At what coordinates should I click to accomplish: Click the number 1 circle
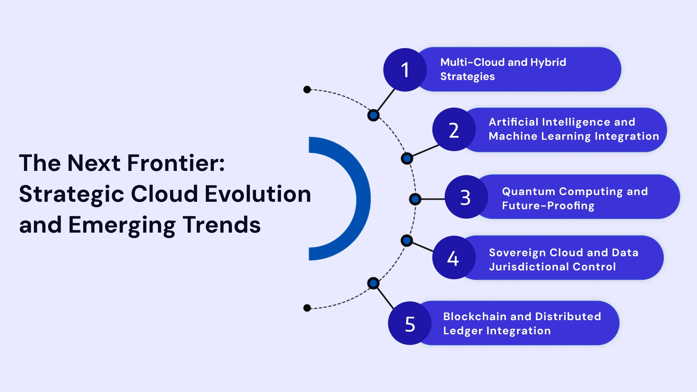point(405,70)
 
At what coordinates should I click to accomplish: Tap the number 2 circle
point(454,130)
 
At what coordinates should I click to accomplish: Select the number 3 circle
point(466,197)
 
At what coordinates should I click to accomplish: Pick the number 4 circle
point(454,258)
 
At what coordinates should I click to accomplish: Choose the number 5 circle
point(410,323)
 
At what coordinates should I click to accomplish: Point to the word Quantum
point(529,191)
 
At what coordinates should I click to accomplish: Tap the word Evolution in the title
point(258,194)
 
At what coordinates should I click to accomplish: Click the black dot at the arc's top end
point(307,89)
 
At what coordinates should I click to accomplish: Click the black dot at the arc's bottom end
point(307,308)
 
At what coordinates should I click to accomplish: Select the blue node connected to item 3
point(415,199)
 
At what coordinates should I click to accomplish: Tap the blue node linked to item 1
point(373,115)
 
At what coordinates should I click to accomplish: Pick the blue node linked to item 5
point(373,283)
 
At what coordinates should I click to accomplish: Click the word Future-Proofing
point(548,206)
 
